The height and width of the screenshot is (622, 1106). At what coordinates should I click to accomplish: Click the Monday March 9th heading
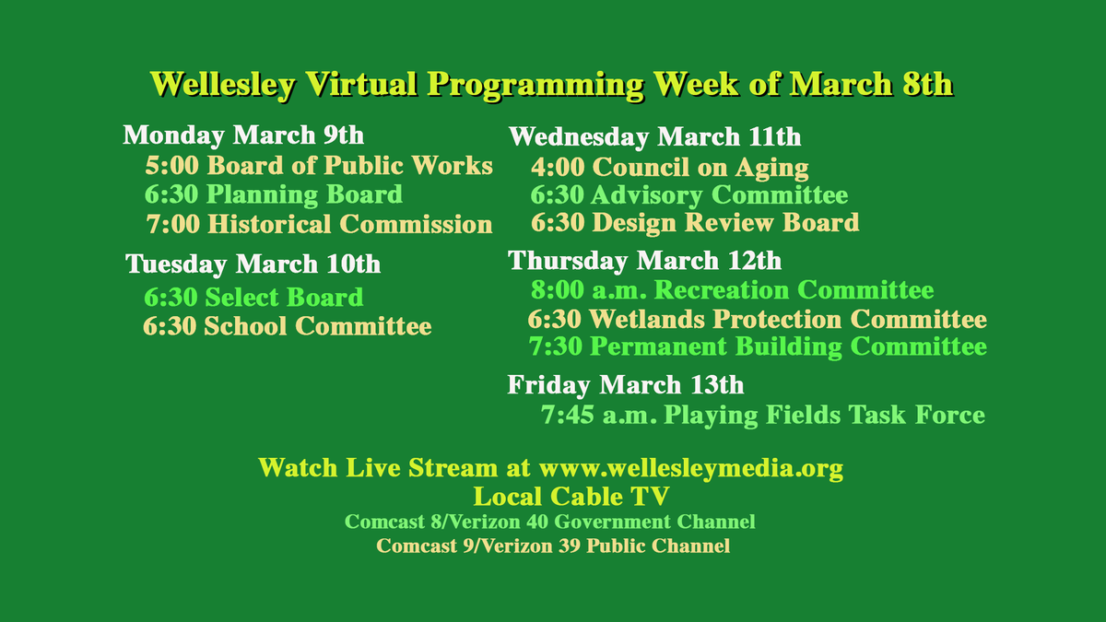(243, 135)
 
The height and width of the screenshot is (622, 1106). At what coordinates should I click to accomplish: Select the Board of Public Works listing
(319, 166)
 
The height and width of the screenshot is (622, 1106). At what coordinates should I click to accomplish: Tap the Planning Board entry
(274, 194)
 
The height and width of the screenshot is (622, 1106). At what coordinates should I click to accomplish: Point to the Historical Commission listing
(319, 224)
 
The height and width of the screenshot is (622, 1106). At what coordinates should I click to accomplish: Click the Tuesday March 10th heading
(253, 264)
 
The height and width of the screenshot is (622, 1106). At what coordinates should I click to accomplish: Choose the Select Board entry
(253, 298)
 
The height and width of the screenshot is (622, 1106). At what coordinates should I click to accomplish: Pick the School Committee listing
(288, 326)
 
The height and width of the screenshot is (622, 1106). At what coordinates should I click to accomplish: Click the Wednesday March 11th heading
(654, 137)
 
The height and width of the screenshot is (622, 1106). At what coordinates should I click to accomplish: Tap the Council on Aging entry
(670, 168)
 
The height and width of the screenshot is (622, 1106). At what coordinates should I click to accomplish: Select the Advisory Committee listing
(689, 195)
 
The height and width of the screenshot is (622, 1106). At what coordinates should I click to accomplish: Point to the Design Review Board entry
(695, 223)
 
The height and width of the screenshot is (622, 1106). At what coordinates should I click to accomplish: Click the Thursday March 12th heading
(645, 261)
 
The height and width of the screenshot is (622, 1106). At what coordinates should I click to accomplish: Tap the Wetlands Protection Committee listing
(757, 320)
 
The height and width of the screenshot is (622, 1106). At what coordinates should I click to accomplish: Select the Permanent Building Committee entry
(758, 347)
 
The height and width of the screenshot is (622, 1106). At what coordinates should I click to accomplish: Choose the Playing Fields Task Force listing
(763, 416)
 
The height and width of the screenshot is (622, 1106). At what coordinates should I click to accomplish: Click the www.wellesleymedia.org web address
(691, 468)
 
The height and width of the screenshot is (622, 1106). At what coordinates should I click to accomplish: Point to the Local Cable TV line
(571, 497)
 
